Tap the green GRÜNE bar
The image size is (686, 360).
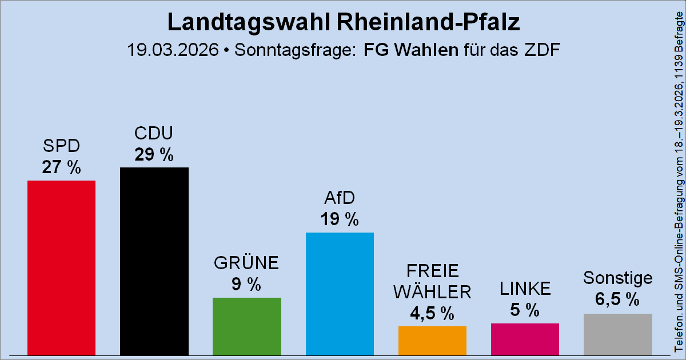click(246, 326)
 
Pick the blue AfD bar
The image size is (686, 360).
click(340, 294)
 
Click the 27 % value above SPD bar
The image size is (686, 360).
click(61, 167)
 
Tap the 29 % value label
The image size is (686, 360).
click(154, 154)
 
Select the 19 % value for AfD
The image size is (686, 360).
click(340, 219)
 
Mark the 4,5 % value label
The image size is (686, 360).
click(432, 313)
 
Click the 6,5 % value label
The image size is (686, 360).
click(617, 299)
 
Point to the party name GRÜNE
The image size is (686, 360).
click(246, 263)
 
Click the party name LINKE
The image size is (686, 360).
click(525, 289)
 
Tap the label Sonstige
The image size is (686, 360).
click(617, 278)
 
